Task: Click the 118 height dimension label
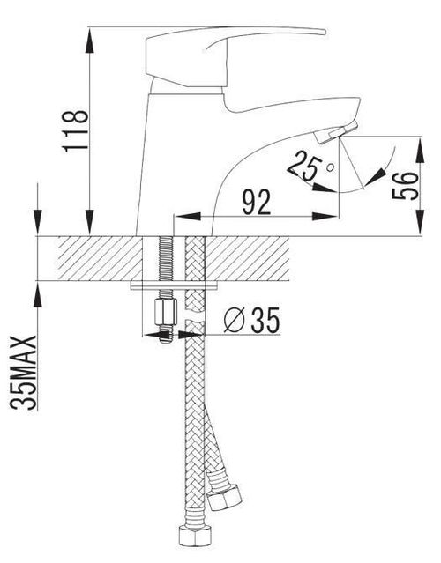(76, 130)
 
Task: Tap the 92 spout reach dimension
(257, 203)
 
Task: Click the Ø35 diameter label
(251, 320)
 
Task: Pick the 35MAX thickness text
(23, 373)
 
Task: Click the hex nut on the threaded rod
(166, 312)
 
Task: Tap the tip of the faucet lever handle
(325, 33)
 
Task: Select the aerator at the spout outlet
(336, 132)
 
